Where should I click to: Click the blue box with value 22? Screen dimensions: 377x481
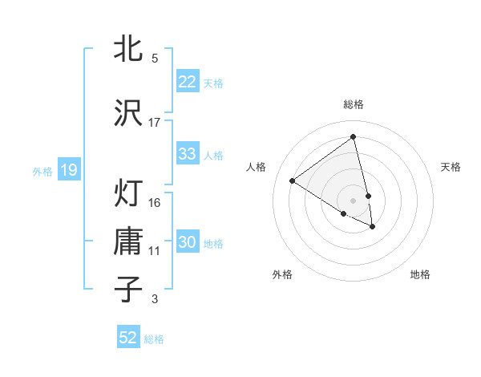(x=188, y=81)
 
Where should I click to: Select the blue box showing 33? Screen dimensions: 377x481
(x=188, y=154)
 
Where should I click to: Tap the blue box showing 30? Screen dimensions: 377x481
(x=188, y=242)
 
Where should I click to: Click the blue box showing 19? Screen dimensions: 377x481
(x=69, y=169)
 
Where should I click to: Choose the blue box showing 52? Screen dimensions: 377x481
(x=128, y=338)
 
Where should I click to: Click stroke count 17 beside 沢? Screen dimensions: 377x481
(x=155, y=123)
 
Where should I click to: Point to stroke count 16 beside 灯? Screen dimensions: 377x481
(x=155, y=202)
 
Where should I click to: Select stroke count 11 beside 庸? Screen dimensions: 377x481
(x=155, y=251)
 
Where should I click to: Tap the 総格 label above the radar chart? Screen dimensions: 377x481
(x=354, y=104)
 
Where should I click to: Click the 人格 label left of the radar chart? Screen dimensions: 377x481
(x=257, y=167)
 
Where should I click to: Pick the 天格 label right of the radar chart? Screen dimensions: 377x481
(x=451, y=167)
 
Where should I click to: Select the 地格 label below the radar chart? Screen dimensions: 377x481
(x=420, y=274)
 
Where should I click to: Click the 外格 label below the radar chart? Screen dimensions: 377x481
(x=282, y=274)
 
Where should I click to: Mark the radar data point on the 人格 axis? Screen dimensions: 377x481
(x=292, y=180)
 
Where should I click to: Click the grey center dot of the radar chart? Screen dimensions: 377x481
(x=354, y=200)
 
